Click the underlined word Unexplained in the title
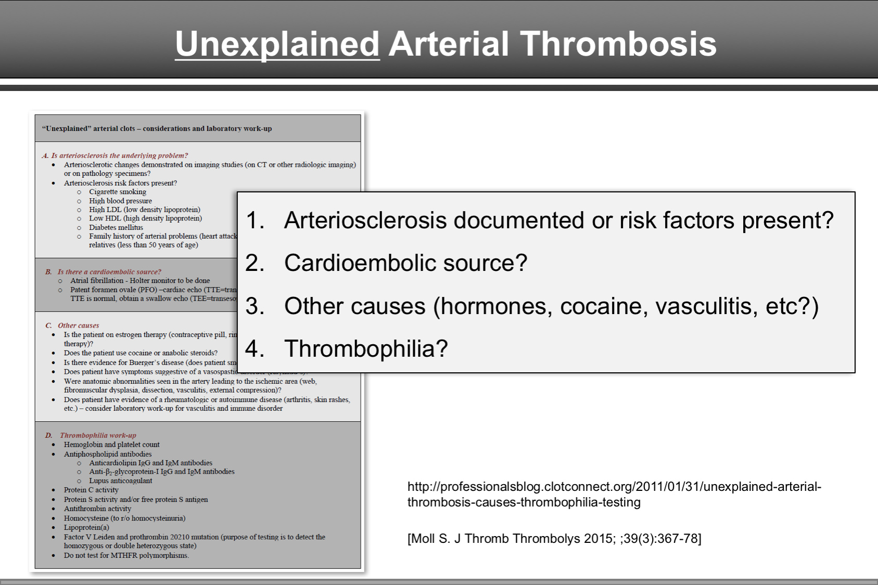click(277, 44)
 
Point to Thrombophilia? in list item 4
click(366, 349)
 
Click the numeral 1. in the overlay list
click(255, 220)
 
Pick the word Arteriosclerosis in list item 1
click(365, 220)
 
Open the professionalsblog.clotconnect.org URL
click(614, 494)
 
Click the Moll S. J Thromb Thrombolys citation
click(554, 539)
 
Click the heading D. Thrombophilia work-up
click(91, 435)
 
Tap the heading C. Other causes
click(72, 326)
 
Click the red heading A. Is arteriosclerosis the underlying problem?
click(115, 155)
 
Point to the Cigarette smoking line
click(118, 192)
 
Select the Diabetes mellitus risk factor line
click(116, 227)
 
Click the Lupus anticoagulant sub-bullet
click(120, 481)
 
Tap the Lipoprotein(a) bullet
click(86, 527)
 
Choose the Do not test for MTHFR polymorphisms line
click(126, 555)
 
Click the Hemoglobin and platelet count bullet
click(111, 445)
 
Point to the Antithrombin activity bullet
click(97, 509)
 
